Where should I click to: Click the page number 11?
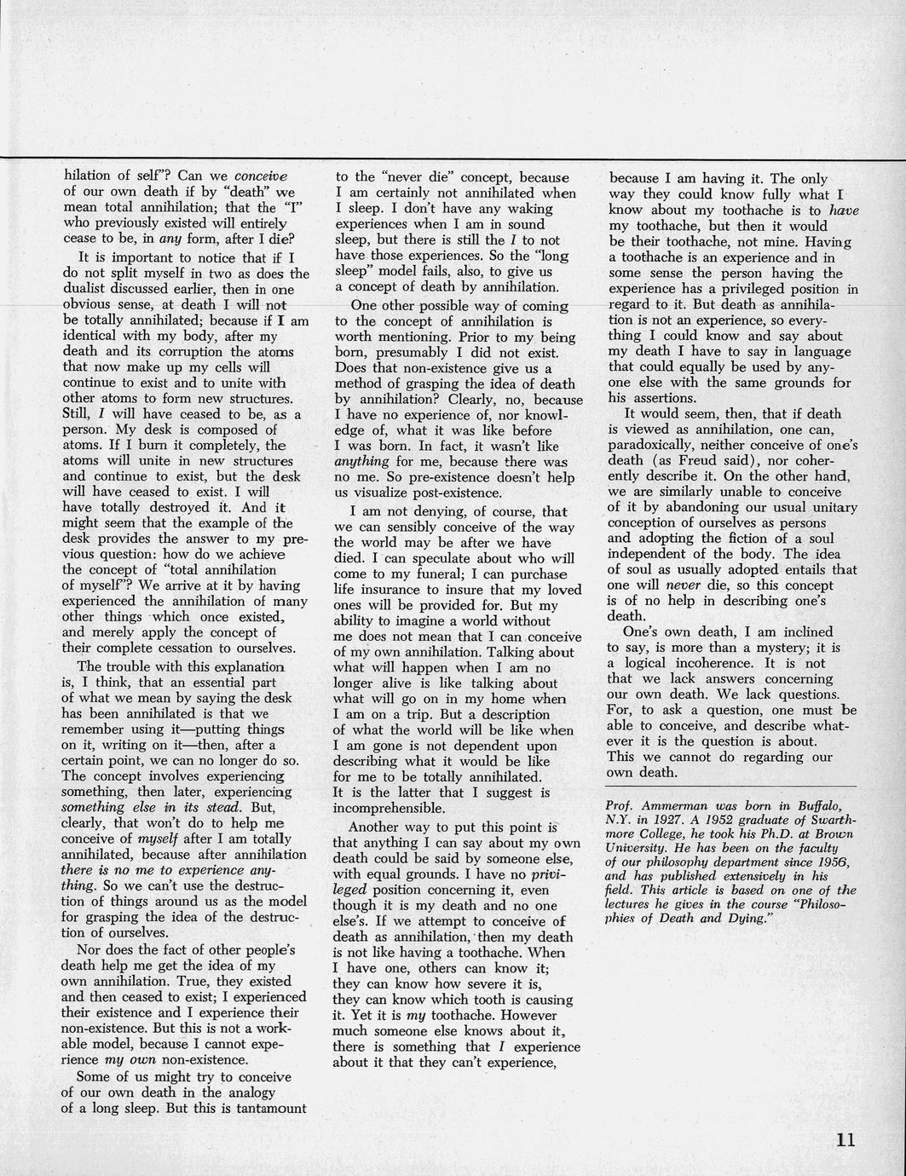point(845,1140)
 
